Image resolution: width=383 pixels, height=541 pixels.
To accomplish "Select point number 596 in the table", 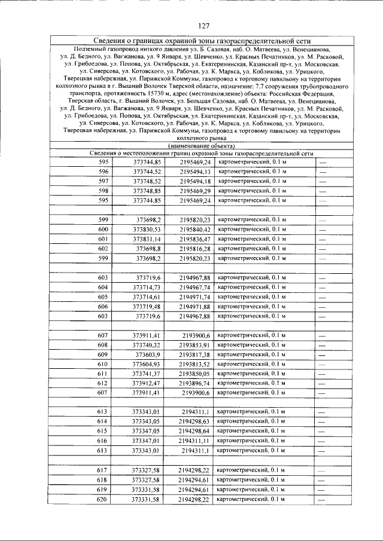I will coord(104,172).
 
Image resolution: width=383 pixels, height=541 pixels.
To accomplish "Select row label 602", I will coord(104,249).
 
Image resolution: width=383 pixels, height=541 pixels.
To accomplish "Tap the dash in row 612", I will coord(321,383).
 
